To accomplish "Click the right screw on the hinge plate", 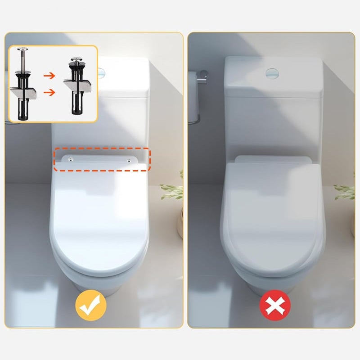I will click(x=130, y=160).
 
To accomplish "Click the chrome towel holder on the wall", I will click(x=198, y=81).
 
